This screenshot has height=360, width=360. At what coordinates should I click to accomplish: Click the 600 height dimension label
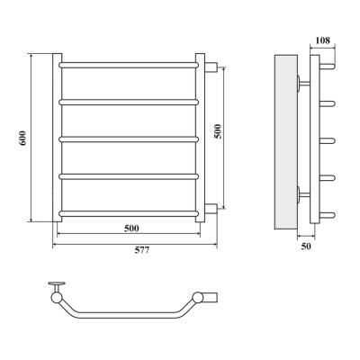pos(23,138)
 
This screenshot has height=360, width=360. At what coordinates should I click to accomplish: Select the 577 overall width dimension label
pos(141,250)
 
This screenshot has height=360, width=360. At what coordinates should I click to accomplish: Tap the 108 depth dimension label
pos(323,40)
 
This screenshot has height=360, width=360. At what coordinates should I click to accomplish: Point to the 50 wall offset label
pos(306,247)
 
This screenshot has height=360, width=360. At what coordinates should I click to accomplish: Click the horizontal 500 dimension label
pos(131,229)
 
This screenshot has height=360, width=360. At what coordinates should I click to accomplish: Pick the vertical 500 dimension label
pos(218,131)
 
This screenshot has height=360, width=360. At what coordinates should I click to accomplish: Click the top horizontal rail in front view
pos(129,65)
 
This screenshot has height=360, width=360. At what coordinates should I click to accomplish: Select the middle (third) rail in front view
pos(129,139)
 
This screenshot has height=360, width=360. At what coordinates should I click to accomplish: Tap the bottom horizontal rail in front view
pos(129,213)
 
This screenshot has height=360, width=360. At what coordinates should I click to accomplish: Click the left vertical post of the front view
pos(58,138)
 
